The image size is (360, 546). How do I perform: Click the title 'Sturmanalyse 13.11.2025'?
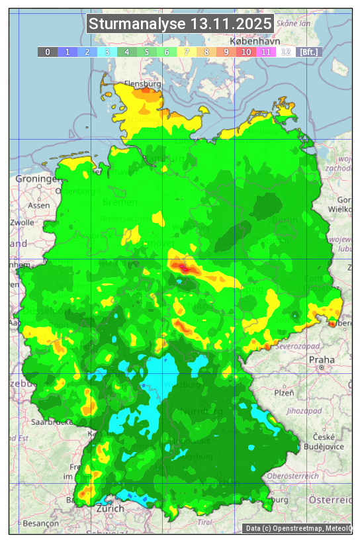(180, 24)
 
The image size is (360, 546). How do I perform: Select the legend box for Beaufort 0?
(48, 52)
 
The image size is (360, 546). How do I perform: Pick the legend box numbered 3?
(107, 52)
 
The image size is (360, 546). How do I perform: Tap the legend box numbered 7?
(187, 52)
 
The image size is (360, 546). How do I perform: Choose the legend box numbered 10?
(246, 52)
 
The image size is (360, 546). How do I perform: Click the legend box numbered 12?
(286, 52)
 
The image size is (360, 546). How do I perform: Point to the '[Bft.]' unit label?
(308, 52)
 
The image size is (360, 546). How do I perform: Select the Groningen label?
(36, 179)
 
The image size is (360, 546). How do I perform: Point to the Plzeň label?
(285, 393)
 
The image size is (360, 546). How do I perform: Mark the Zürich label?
(110, 508)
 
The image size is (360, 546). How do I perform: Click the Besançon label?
(40, 523)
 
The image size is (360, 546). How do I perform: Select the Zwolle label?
(21, 222)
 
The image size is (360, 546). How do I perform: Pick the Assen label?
(39, 205)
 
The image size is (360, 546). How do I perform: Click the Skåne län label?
(293, 23)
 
